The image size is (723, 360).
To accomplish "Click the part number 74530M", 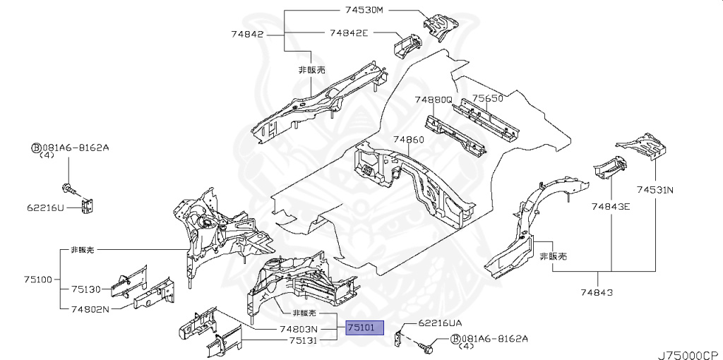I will pos(364,11).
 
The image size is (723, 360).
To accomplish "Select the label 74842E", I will pos(351,32).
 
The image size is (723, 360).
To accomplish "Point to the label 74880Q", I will pos(433,100).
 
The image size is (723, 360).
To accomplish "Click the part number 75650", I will pos(488,99).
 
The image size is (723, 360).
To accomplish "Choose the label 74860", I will pos(409,140).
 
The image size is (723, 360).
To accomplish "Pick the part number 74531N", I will pos(655,189).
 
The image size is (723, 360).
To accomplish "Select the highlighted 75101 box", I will pos(364,328).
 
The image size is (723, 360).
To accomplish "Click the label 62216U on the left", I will pos(46,208).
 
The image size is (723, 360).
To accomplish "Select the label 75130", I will pos(87,289).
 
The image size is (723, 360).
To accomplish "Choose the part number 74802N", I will pos(90,308).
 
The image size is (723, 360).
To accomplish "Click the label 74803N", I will pos(298,329).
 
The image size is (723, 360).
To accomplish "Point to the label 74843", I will pos(597,292).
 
